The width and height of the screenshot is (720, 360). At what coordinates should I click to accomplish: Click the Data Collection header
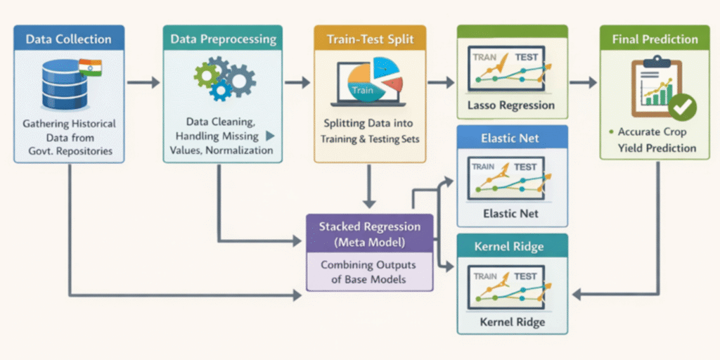click(x=68, y=39)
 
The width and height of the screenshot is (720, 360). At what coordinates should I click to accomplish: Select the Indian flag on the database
click(x=90, y=67)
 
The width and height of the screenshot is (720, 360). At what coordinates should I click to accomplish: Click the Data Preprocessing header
click(x=222, y=39)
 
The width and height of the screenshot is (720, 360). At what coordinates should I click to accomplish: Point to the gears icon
click(x=224, y=79)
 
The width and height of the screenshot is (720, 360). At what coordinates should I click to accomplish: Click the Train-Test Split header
click(x=369, y=39)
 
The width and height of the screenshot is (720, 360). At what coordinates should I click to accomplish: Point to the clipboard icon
click(x=651, y=88)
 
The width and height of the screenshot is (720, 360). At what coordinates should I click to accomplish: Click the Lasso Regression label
click(x=511, y=106)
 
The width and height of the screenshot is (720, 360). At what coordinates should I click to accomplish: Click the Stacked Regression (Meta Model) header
click(x=369, y=233)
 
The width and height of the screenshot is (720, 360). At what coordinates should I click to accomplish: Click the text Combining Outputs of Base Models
click(x=368, y=272)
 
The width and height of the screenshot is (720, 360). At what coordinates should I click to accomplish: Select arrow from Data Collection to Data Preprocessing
click(x=143, y=83)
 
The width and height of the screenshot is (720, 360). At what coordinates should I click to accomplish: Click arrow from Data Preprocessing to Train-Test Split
click(x=297, y=83)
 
